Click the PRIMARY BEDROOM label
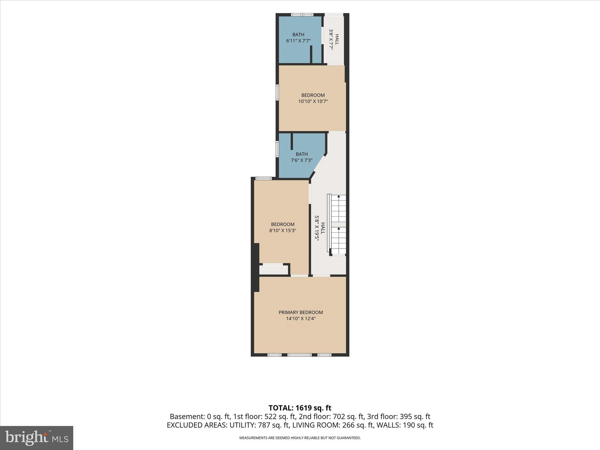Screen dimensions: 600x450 [301, 312]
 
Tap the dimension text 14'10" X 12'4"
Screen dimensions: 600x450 [301, 319]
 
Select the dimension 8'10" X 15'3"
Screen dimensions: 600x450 [283, 231]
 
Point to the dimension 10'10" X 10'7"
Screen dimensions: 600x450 [313, 101]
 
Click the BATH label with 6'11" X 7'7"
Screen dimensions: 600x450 [298, 35]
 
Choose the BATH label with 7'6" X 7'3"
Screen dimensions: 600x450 [301, 154]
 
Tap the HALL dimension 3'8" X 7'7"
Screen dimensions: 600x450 [331, 39]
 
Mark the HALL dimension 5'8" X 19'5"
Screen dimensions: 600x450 [317, 228]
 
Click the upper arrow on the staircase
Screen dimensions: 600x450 [339, 197]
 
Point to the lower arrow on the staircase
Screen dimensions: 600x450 [339, 229]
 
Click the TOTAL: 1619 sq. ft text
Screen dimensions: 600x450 [300, 408]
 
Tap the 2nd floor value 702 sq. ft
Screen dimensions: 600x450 [349, 417]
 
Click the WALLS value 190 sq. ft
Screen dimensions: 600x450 [417, 425]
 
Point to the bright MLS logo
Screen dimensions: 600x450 [37, 438]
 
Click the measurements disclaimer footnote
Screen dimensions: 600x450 [300, 438]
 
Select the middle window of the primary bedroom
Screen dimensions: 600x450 [299, 355]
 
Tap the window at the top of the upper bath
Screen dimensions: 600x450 [302, 15]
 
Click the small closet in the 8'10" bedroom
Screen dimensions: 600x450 [274, 270]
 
